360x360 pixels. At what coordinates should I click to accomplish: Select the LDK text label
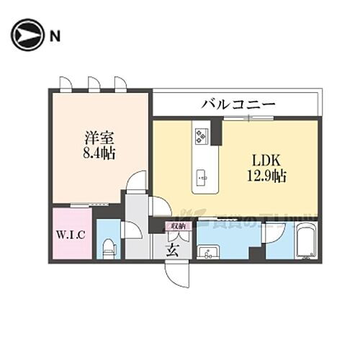coord(264,159)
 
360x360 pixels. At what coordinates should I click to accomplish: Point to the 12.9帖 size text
coord(264,175)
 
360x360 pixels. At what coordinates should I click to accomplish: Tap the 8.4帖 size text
coord(96,153)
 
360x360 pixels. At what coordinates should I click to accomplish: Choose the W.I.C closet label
coord(71,235)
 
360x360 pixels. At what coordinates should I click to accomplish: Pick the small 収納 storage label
coord(178,225)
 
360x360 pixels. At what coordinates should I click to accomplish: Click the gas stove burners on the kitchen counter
coord(200,135)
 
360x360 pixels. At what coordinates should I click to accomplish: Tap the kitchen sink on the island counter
coord(202,175)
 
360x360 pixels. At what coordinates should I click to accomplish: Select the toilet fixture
coord(109,248)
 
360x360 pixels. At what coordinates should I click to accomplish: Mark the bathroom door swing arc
coord(274,235)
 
